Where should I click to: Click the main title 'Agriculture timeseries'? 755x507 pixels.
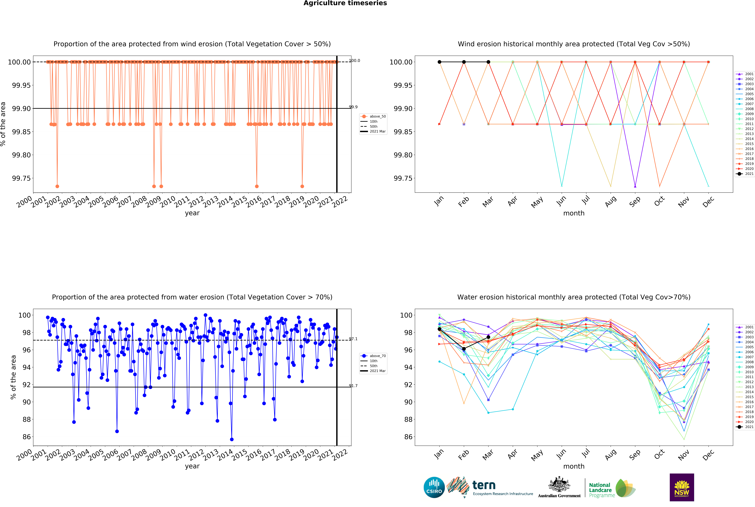345,3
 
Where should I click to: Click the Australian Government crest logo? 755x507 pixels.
559,487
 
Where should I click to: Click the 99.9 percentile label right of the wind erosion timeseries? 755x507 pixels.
353,107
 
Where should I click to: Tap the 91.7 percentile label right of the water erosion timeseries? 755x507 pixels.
353,386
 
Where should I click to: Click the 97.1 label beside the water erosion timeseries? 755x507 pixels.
353,339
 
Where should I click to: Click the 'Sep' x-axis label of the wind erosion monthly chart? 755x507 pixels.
635,201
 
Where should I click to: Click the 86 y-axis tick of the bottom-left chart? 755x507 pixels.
26,437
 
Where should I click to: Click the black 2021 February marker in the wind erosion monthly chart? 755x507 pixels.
464,62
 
